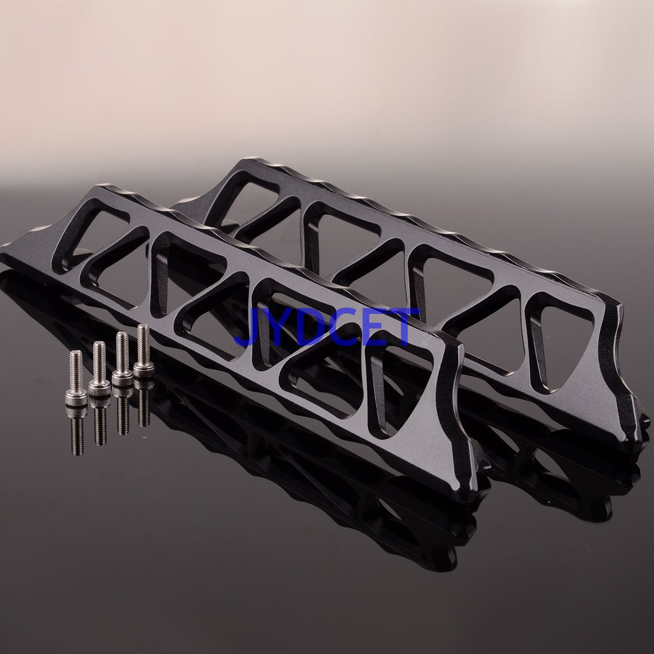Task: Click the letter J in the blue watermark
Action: [x=251, y=325]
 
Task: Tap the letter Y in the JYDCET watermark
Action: [x=278, y=325]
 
